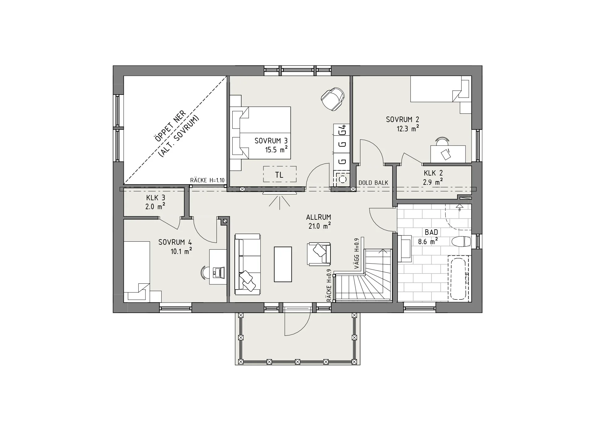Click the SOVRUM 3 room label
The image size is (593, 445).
coord(271,141)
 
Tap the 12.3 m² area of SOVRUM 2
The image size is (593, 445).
coord(408,129)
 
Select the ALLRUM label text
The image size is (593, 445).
coord(318,217)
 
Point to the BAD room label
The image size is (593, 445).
coord(431,232)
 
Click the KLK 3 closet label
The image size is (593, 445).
coord(156,198)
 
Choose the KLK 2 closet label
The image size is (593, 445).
coord(433,173)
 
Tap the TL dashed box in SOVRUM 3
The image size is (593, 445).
coord(280,174)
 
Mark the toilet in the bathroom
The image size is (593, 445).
coord(461,241)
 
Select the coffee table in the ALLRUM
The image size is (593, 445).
coord(283,264)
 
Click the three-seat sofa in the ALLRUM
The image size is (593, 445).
coord(247,264)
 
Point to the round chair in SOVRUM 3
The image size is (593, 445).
coord(332,98)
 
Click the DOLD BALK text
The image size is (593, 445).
coord(373,183)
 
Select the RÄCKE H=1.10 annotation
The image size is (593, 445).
coord(207,180)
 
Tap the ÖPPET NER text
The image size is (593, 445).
coord(171,126)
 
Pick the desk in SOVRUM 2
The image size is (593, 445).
coord(448,154)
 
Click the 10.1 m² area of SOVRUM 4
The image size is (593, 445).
coord(181,251)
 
